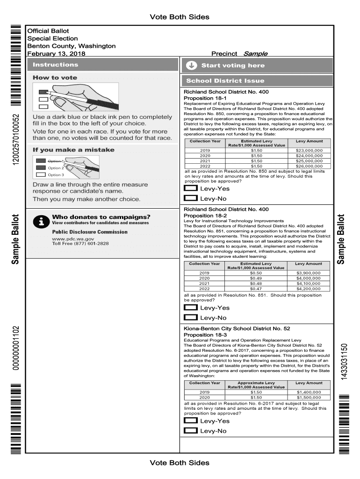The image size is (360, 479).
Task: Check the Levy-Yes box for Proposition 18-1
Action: pos(191,189)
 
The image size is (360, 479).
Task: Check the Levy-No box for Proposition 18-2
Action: pos(191,318)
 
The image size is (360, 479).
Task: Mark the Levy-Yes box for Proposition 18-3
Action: pos(191,421)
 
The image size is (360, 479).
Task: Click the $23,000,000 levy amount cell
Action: pos(309,151)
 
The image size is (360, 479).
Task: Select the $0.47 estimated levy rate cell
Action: pos(256,289)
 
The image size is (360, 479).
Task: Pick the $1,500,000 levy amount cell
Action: pos(309,398)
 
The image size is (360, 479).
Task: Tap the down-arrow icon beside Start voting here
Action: pos(191,65)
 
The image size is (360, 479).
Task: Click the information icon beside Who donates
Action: pos(42,222)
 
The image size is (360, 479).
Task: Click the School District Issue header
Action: pos(225,80)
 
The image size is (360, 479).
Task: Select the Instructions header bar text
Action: pos(56,65)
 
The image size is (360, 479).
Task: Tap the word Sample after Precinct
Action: pos(255,54)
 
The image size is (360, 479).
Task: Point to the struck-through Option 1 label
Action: pos(56,161)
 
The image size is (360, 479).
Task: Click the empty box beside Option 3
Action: pos(41,175)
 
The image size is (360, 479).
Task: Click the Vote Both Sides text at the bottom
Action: pos(180,463)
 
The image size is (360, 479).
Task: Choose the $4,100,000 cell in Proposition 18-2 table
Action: pos(309,283)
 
